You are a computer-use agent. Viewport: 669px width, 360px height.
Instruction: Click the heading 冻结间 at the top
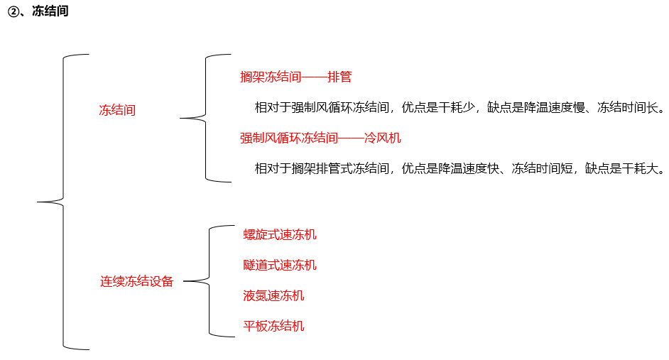click(50, 12)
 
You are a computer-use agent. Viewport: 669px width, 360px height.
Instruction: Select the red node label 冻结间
click(117, 111)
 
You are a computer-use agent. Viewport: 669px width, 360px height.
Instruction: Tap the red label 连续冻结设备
click(137, 281)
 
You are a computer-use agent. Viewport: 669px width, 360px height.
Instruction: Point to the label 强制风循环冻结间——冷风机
click(315, 138)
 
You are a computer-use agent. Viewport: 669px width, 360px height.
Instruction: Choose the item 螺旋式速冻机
click(280, 234)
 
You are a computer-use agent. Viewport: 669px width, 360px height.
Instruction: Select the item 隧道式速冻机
click(280, 265)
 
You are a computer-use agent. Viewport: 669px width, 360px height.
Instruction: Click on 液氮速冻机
click(273, 295)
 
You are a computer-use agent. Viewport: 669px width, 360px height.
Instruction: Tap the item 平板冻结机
click(273, 326)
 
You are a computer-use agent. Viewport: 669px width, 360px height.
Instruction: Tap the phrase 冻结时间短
click(541, 169)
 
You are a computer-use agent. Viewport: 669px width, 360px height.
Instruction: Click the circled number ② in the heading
click(13, 12)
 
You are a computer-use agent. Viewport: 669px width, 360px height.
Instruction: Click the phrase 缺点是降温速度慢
click(535, 108)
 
